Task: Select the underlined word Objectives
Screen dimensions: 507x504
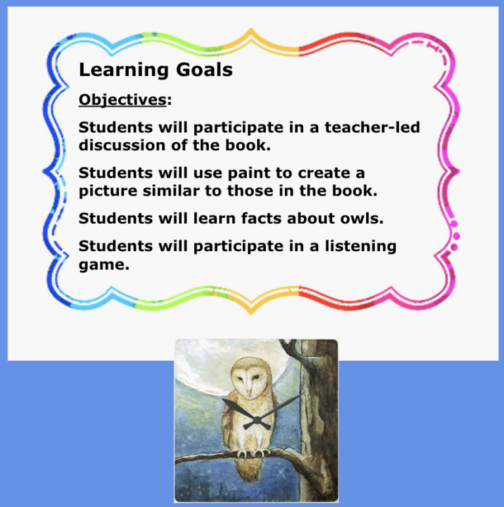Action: pyautogui.click(x=122, y=100)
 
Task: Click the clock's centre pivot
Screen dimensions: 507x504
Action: pyautogui.click(x=255, y=420)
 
